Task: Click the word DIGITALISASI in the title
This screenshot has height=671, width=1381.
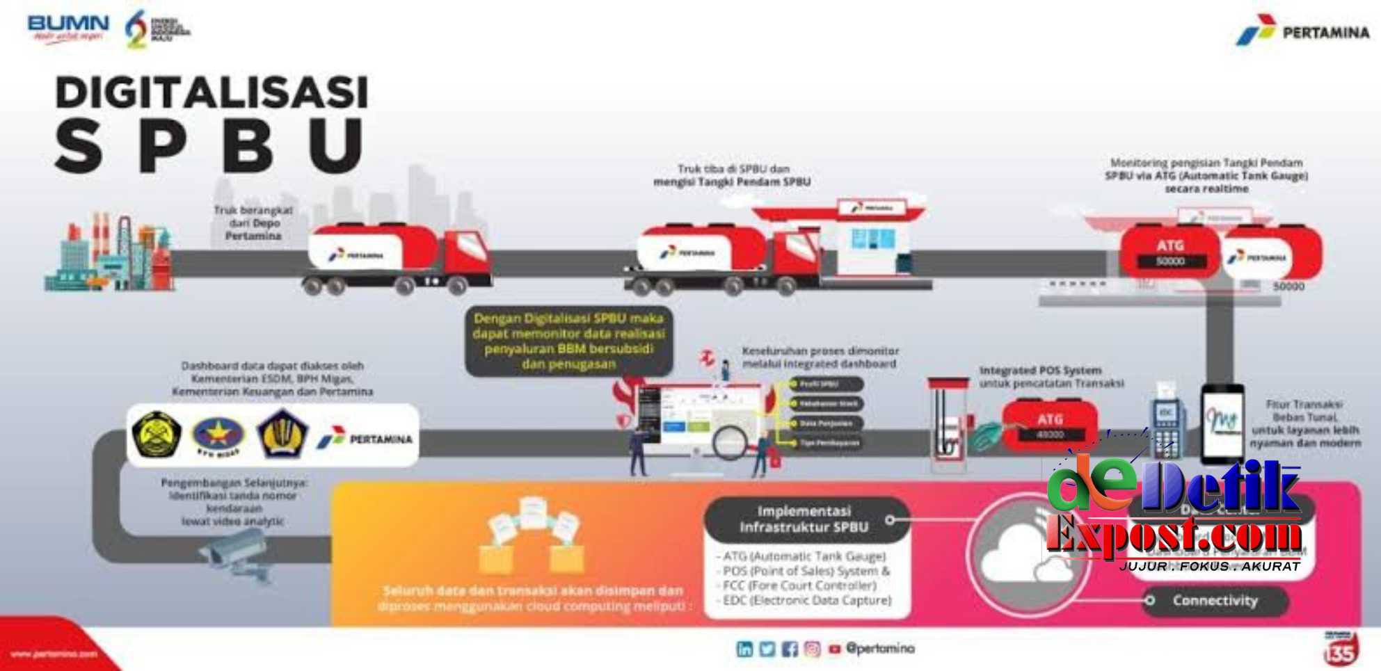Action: pyautogui.click(x=211, y=92)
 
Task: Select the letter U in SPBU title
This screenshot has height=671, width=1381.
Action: pyautogui.click(x=336, y=145)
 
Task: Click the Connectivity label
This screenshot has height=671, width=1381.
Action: pyautogui.click(x=1215, y=601)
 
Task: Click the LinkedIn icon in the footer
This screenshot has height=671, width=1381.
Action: pyautogui.click(x=744, y=649)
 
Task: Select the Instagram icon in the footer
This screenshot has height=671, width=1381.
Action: pyautogui.click(x=812, y=649)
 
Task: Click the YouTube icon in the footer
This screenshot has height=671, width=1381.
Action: pyautogui.click(x=834, y=649)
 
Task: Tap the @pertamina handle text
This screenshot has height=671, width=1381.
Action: pyautogui.click(x=880, y=648)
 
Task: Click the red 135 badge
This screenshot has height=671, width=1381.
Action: pyautogui.click(x=1340, y=650)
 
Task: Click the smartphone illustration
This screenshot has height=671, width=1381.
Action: pyautogui.click(x=1222, y=423)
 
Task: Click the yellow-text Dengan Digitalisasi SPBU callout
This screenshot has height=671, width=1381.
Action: pyautogui.click(x=568, y=341)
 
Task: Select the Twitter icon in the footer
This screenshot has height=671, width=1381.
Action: pyautogui.click(x=767, y=649)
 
